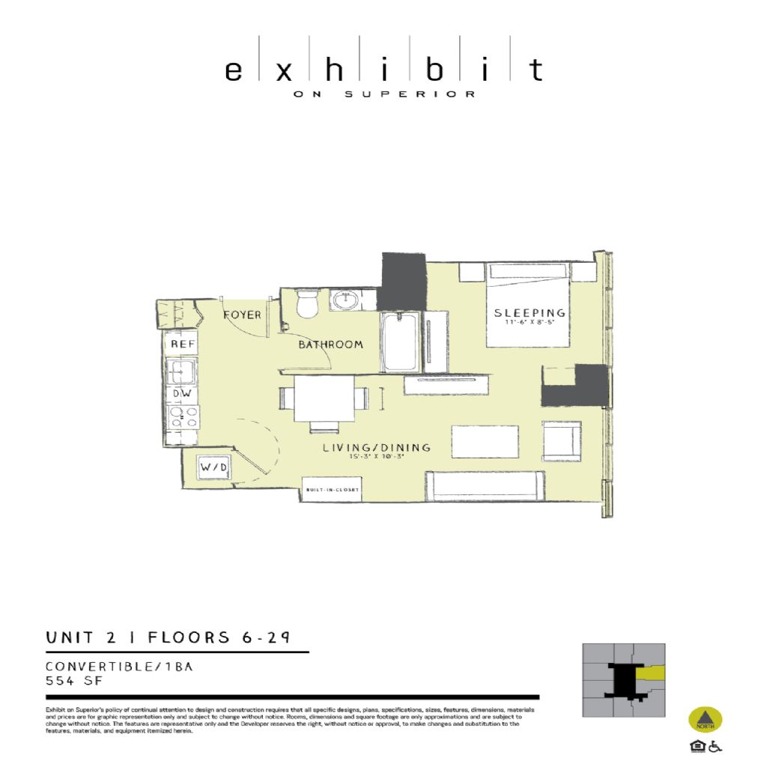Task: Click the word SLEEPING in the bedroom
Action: pyautogui.click(x=529, y=312)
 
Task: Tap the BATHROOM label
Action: pyautogui.click(x=330, y=345)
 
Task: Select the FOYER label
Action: pyautogui.click(x=243, y=315)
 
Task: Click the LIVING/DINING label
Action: pyautogui.click(x=377, y=448)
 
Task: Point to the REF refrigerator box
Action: pyautogui.click(x=183, y=344)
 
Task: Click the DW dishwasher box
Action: pyautogui.click(x=182, y=393)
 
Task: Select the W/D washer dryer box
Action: pyautogui.click(x=213, y=468)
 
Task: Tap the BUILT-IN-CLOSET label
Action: pyautogui.click(x=332, y=490)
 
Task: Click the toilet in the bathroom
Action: pyautogui.click(x=307, y=304)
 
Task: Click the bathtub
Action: pyautogui.click(x=400, y=343)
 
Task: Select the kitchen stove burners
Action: pyautogui.click(x=183, y=416)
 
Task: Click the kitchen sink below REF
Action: pyautogui.click(x=181, y=370)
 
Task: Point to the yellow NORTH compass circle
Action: pyautogui.click(x=705, y=720)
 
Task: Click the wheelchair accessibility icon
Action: pyautogui.click(x=715, y=746)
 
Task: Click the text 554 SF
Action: pyautogui.click(x=73, y=681)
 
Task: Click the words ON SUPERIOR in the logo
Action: pyautogui.click(x=383, y=94)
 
